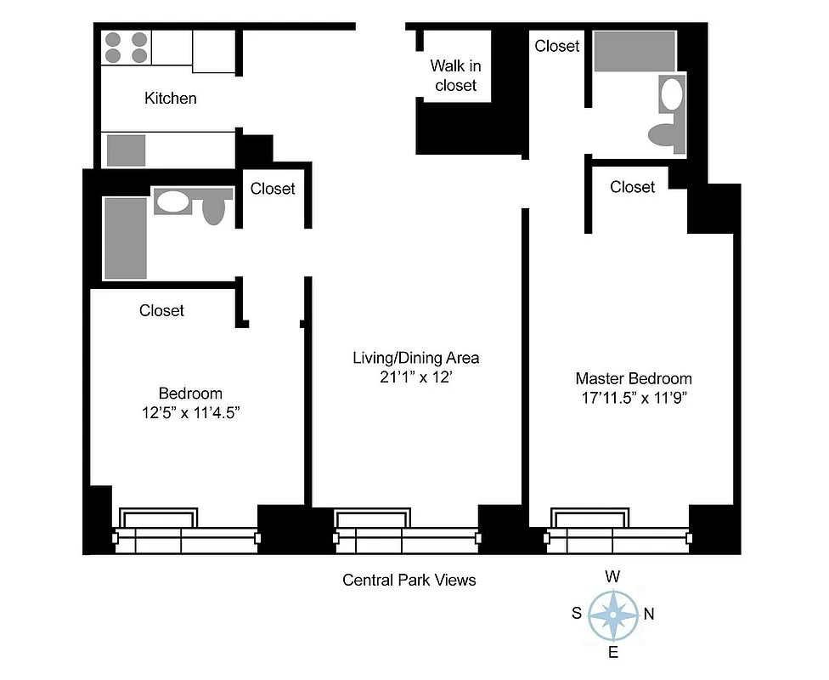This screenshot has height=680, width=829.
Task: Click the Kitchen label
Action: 170,99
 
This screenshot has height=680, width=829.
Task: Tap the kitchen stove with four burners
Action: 125,48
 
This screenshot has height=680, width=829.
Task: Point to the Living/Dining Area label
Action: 409,358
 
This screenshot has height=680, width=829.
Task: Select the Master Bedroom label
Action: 634,379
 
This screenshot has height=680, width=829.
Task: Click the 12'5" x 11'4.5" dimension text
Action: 190,414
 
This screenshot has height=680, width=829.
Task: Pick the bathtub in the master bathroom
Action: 634,52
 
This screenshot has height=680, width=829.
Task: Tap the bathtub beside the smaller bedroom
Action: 125,238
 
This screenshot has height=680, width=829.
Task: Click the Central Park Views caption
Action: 409,581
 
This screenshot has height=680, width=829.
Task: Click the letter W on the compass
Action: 612,576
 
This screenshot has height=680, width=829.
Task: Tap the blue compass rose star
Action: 612,614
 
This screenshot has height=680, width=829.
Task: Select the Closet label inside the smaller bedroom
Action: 161,311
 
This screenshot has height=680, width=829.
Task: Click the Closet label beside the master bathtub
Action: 557,46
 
